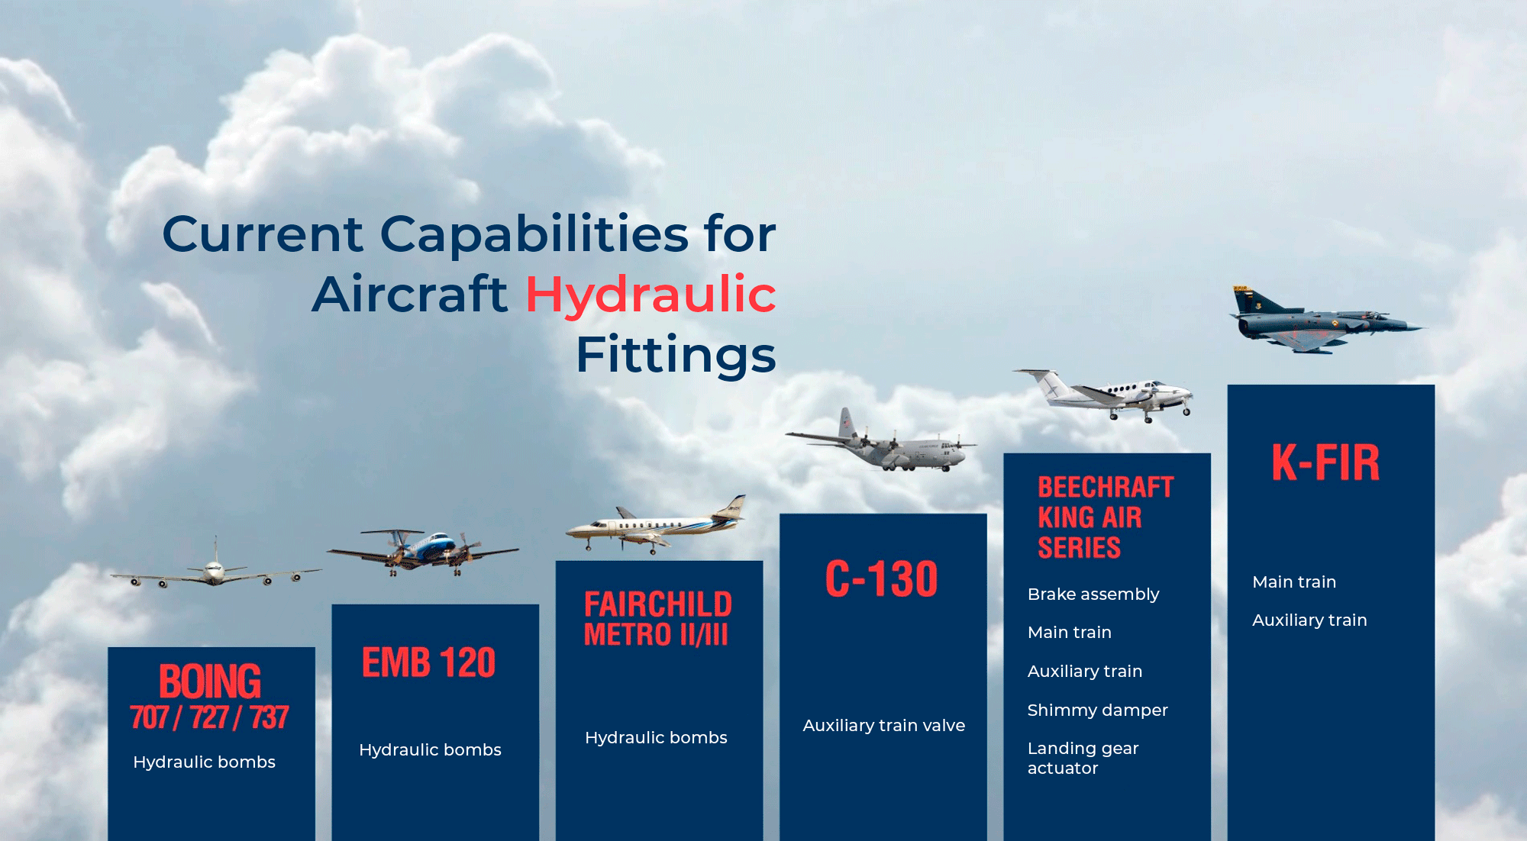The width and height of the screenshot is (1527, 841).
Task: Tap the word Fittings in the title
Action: (x=676, y=355)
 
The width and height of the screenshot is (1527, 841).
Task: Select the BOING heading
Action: (x=210, y=681)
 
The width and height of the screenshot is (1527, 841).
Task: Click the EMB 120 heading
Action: (x=429, y=662)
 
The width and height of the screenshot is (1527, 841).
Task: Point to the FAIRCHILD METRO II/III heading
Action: (x=658, y=619)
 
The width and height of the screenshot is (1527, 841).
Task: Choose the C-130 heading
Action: (x=882, y=578)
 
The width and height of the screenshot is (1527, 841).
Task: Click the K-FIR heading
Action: (x=1326, y=462)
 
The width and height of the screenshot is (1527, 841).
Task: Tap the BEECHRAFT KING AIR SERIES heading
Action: (x=1106, y=517)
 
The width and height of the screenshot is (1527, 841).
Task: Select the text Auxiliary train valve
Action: (x=884, y=726)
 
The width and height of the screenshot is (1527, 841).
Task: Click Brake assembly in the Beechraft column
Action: (x=1093, y=594)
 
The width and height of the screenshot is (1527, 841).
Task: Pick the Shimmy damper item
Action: (x=1098, y=710)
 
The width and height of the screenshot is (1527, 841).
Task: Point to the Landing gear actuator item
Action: (x=1083, y=759)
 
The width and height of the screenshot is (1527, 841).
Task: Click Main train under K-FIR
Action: (x=1294, y=582)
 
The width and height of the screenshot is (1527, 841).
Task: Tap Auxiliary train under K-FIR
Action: (x=1309, y=620)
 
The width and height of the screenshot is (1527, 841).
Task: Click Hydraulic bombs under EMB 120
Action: (x=430, y=750)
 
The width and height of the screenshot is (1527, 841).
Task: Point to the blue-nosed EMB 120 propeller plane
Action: (x=422, y=551)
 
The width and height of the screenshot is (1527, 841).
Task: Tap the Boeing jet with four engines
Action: (x=216, y=569)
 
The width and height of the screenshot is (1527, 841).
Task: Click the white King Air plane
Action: (x=1103, y=395)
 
